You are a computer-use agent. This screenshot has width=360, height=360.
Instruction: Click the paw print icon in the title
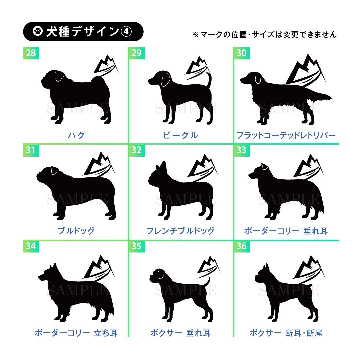point(38,31)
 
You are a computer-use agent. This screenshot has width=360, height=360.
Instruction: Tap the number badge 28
point(31,53)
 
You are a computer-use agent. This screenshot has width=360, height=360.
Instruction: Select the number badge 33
point(242,150)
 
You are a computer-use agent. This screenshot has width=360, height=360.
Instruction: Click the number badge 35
point(137,246)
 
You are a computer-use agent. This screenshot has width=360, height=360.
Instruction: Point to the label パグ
point(76,135)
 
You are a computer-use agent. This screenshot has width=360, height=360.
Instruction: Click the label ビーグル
point(180,135)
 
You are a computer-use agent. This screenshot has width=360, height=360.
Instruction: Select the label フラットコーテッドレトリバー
point(286,135)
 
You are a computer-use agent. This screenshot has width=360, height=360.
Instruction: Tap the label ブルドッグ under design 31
point(76,231)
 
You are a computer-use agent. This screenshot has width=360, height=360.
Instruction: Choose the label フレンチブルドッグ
point(180,231)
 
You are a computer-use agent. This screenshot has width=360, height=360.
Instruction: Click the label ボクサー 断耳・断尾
point(286,333)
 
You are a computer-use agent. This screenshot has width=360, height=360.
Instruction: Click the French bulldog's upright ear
point(163,166)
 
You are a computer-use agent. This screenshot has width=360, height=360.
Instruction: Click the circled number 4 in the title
point(126,31)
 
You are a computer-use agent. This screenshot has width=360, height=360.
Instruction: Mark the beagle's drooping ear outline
point(166,79)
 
